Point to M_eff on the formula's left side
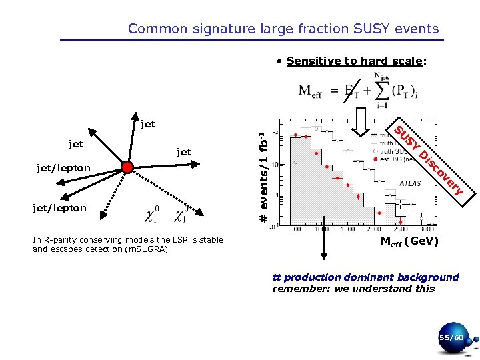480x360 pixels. coord(311,91)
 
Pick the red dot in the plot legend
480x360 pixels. coord(377,160)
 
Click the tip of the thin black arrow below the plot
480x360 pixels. coord(323,258)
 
